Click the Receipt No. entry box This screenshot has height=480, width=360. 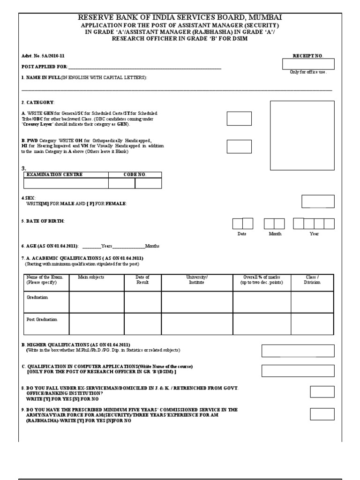[308, 64]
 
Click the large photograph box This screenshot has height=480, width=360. [302, 135]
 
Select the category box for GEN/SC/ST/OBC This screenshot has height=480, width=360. [239, 119]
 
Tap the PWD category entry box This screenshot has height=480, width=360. [239, 147]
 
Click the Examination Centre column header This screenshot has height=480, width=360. [54, 174]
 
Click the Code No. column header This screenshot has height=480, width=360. [135, 174]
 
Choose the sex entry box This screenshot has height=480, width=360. [318, 202]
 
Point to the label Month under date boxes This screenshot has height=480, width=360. [275, 233]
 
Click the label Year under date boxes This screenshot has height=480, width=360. [314, 233]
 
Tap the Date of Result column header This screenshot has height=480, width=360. [142, 280]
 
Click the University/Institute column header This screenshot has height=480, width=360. [197, 280]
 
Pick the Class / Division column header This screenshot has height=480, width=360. [312, 280]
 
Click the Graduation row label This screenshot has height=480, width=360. [37, 297]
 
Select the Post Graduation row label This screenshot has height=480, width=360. [42, 319]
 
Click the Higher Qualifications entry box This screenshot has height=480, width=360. [298, 351]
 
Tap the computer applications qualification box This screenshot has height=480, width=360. [298, 371]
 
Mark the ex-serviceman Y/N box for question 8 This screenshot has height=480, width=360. [322, 392]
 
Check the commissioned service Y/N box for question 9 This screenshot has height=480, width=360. [322, 414]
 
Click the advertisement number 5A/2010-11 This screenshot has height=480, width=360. [39, 56]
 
